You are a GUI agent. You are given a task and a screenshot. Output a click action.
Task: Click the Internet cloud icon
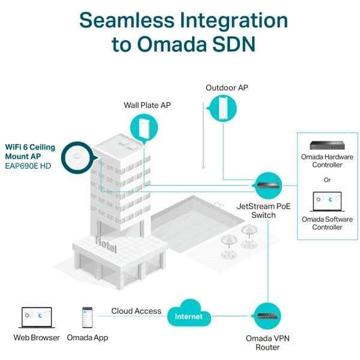(189, 316)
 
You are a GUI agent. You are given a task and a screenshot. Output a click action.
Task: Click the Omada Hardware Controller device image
(327, 145)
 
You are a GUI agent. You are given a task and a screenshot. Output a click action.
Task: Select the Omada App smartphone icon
(88, 316)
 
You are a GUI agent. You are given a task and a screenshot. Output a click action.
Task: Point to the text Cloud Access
(136, 311)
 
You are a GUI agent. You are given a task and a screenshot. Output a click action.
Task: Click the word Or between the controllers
(327, 179)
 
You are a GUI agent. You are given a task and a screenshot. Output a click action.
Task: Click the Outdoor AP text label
(226, 88)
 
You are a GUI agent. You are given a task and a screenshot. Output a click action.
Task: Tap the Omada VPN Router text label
(264, 342)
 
